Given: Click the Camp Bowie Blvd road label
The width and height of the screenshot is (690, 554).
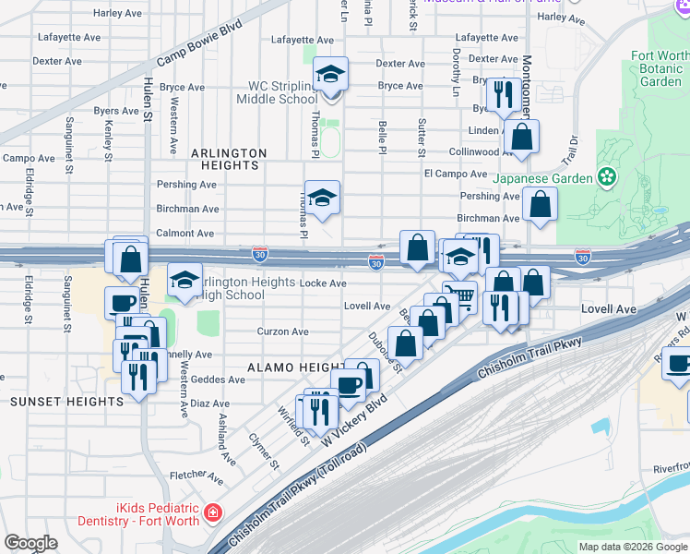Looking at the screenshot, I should [x=198, y=42].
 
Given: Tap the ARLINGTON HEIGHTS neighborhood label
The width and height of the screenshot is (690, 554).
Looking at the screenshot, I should [x=229, y=159].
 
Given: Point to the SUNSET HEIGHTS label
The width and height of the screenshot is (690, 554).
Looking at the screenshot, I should [x=66, y=402].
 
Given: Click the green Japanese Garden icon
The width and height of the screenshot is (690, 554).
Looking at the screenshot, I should [x=607, y=175].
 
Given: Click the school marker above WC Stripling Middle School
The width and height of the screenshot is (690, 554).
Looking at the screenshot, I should [x=329, y=76].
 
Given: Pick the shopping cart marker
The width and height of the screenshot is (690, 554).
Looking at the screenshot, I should [x=458, y=296].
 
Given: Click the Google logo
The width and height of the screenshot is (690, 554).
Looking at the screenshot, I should [x=30, y=543].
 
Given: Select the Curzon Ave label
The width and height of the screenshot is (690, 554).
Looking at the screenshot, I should [x=281, y=331].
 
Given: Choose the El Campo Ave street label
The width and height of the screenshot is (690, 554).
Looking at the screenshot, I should [x=455, y=174].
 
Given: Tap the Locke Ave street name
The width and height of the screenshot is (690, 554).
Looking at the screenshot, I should [x=326, y=283].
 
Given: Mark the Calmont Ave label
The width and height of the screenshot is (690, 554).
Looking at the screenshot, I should [x=184, y=234].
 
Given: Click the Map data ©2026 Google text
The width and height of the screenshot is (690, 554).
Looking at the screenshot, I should [x=633, y=547].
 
